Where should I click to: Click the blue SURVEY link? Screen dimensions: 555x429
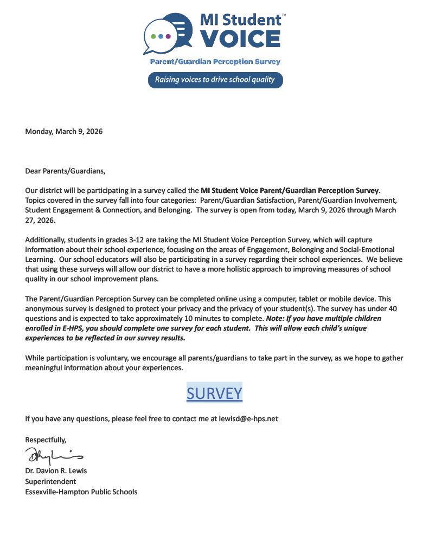(214, 393)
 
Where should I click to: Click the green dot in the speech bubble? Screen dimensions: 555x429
(153, 36)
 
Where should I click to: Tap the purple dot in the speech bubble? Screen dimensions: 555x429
(168, 36)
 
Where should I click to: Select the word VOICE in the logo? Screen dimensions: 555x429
(240, 39)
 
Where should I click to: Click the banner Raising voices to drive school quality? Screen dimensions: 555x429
(215, 80)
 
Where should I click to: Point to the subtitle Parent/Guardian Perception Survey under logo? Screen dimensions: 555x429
(215, 62)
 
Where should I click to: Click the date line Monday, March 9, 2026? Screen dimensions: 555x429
(64, 132)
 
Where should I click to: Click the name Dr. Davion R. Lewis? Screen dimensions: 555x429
(56, 470)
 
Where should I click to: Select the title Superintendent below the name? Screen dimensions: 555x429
(50, 481)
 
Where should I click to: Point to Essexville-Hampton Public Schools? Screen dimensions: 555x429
(81, 492)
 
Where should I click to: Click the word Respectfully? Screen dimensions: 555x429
(46, 440)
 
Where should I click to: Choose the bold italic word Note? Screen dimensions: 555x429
(276, 319)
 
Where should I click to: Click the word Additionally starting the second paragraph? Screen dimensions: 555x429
(46, 240)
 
